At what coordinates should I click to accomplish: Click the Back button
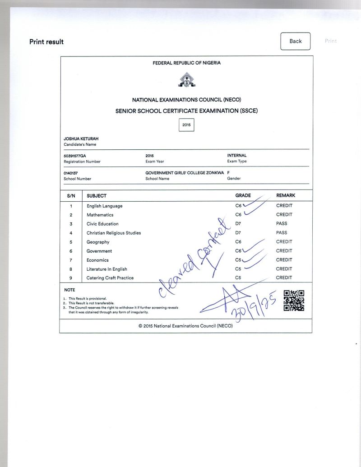coord(296,41)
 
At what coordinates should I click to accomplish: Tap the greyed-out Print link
coord(331,41)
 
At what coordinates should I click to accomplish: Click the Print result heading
coord(46,42)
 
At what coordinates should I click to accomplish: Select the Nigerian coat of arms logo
coord(186,80)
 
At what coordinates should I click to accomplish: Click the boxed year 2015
coord(186,125)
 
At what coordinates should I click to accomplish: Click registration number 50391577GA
coord(75,156)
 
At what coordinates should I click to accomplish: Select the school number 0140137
coord(71,173)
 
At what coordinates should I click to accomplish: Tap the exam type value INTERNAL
coord(237,156)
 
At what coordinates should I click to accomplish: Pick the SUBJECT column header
coord(97,196)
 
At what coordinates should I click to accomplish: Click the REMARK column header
coord(286,195)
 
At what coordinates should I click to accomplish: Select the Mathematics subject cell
coord(100,215)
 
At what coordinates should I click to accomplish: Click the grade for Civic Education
coord(238,224)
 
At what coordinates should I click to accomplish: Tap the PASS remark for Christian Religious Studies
coord(282,233)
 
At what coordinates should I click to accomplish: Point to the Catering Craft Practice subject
coord(110,278)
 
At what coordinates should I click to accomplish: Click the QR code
coord(293,301)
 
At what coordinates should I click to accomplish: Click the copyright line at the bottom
coord(186,325)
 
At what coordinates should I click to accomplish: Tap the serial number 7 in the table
coord(71,260)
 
